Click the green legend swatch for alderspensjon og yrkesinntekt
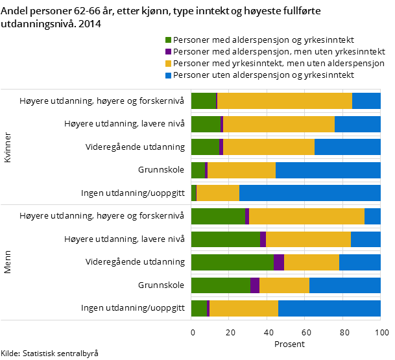[x=169, y=40]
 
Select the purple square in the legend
[x=169, y=52]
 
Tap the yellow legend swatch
[x=169, y=64]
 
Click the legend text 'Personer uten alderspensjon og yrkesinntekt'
[x=263, y=75]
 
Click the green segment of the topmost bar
[x=204, y=101]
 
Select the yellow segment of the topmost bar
[x=285, y=101]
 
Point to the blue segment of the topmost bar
[x=366, y=101]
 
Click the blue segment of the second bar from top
[x=357, y=124]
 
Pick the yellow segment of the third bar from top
[x=269, y=147]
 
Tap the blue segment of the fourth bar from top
[x=328, y=170]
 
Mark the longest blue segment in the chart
[x=310, y=193]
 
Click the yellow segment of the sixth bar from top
[x=307, y=216]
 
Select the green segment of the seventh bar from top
[x=226, y=239]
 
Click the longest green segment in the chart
[x=232, y=262]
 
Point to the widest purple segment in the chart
[x=279, y=262]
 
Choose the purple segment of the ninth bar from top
[x=255, y=285]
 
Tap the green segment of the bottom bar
[x=199, y=308]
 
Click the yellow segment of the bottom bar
[x=244, y=308]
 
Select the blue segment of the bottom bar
[x=329, y=308]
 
